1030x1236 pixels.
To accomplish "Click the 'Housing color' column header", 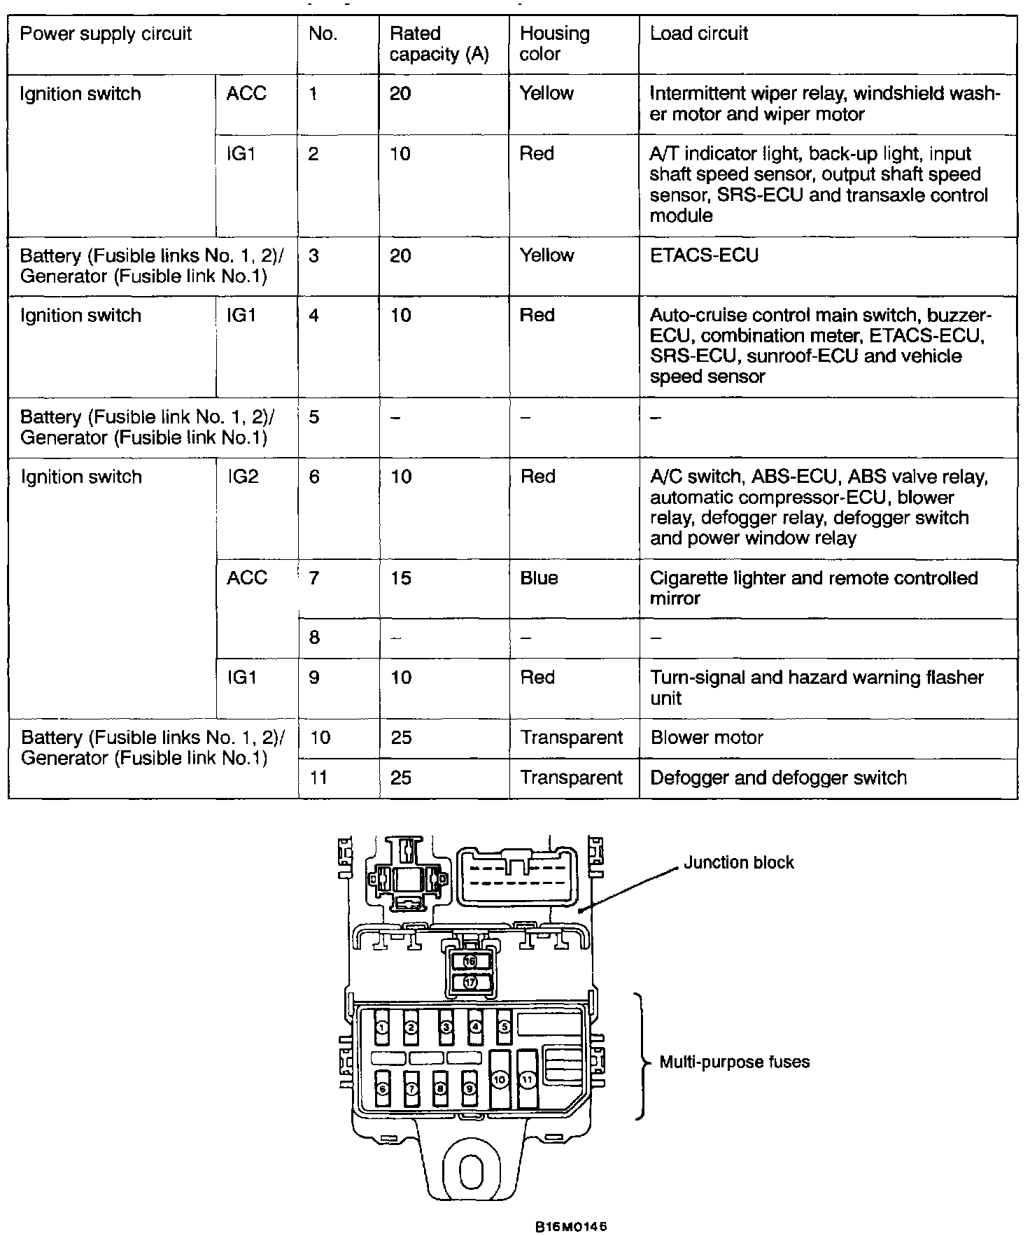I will pyautogui.click(x=554, y=43).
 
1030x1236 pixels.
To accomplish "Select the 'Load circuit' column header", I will pyautogui.click(x=699, y=34).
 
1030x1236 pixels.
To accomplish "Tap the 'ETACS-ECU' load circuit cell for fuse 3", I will pyautogui.click(x=704, y=255).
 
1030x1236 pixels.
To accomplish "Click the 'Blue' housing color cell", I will pyautogui.click(x=539, y=578).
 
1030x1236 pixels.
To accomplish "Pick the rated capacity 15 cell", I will pyautogui.click(x=401, y=578).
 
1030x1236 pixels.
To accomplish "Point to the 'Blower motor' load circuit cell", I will pyautogui.click(x=707, y=738).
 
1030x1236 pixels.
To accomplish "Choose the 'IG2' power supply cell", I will pyautogui.click(x=243, y=477).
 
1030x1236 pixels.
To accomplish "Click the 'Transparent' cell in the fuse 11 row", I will pyautogui.click(x=571, y=778).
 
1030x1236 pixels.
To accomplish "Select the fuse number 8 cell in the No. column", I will pyautogui.click(x=314, y=638).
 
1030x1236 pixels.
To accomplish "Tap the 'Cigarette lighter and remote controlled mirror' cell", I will pyautogui.click(x=813, y=588).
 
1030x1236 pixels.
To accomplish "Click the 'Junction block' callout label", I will pyautogui.click(x=738, y=862).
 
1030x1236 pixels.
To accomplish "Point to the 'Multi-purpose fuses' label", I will pyautogui.click(x=735, y=1062).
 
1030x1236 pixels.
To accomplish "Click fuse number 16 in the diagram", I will pyautogui.click(x=470, y=962).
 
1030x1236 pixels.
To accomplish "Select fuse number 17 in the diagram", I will pyautogui.click(x=470, y=982).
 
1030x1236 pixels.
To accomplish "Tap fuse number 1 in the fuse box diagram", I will pyautogui.click(x=382, y=1027).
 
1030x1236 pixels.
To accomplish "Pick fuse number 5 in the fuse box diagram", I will pyautogui.click(x=504, y=1027).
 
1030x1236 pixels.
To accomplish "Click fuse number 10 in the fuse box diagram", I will pyautogui.click(x=499, y=1081).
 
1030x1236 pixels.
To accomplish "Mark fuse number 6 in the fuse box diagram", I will pyautogui.click(x=382, y=1089).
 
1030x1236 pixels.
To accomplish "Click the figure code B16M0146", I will pyautogui.click(x=570, y=1227).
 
